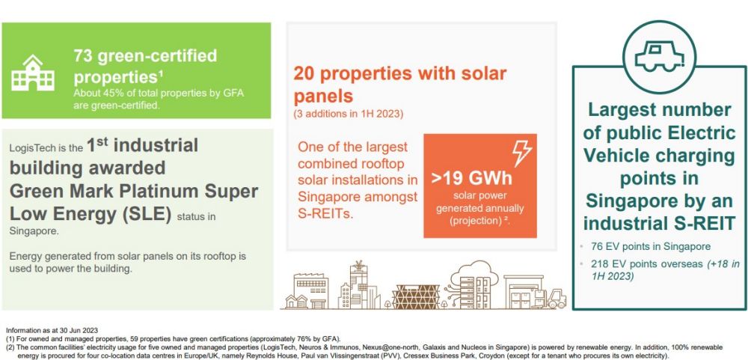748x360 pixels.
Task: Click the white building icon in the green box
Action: (x=32, y=73)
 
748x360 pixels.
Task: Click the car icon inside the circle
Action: (x=659, y=56)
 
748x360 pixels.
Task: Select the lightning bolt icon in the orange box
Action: (x=521, y=153)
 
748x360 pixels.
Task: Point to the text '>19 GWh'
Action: (x=471, y=178)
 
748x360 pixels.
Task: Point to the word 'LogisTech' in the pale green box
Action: (x=29, y=148)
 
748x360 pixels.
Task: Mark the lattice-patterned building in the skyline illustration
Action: (x=416, y=296)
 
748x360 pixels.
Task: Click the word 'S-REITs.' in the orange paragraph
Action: (x=325, y=213)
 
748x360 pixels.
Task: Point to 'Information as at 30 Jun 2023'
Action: (x=52, y=330)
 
